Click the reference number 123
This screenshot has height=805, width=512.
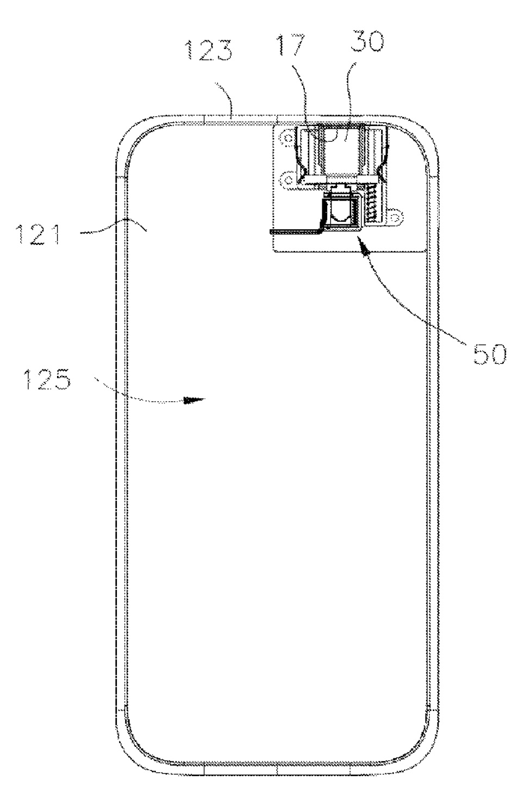tap(210, 53)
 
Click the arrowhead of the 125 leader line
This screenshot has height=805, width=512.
tap(193, 400)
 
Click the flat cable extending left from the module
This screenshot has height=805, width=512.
tap(296, 231)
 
